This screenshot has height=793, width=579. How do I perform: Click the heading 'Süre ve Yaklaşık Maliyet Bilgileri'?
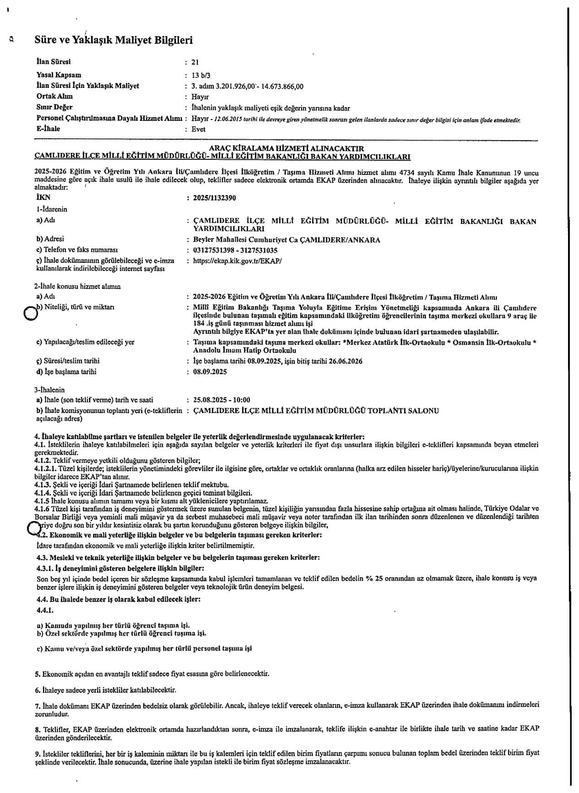pyautogui.click(x=114, y=40)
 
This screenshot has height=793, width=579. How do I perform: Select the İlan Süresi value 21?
pyautogui.click(x=195, y=62)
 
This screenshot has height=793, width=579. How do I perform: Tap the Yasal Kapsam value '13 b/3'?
pyautogui.click(x=201, y=75)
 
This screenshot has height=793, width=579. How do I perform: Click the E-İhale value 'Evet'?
pyautogui.click(x=199, y=129)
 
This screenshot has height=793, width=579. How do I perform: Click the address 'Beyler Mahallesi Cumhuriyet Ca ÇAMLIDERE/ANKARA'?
pyautogui.click(x=287, y=239)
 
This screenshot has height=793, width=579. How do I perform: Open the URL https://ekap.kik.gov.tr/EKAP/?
pyautogui.click(x=238, y=261)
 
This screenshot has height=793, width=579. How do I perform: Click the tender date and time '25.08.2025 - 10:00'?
pyautogui.click(x=222, y=400)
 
